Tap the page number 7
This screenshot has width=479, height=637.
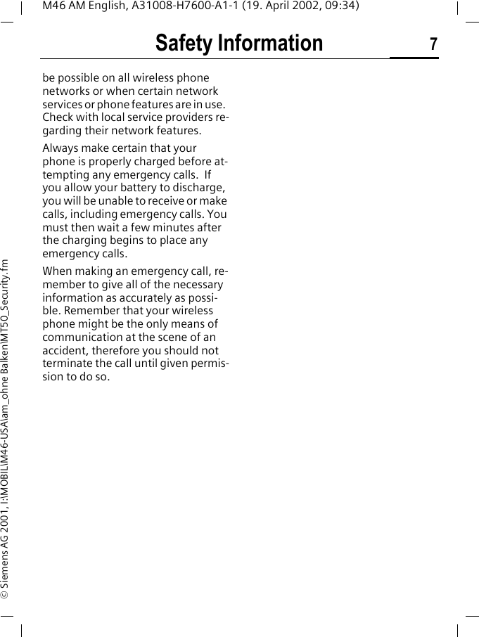433,45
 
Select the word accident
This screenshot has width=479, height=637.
65,350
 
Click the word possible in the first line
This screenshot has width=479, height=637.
80,78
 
